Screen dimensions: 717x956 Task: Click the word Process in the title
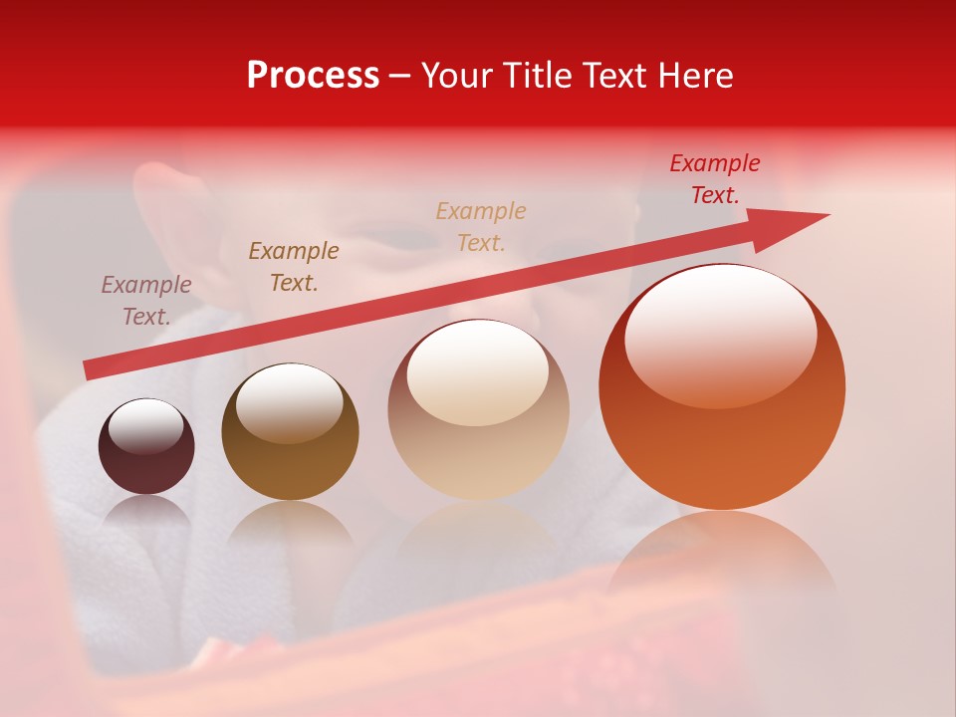tap(313, 76)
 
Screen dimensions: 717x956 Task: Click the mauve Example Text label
tap(146, 301)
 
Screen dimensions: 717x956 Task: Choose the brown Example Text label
tap(294, 267)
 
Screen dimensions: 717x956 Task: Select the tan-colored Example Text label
tap(481, 227)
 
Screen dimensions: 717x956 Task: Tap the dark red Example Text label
tap(715, 179)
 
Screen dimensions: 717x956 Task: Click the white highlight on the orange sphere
tap(721, 334)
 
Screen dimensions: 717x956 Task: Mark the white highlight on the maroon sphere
tap(145, 426)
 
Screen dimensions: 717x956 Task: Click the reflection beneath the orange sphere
tap(722, 558)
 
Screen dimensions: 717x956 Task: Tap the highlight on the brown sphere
tap(289, 400)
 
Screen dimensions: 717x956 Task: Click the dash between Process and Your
tap(400, 77)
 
